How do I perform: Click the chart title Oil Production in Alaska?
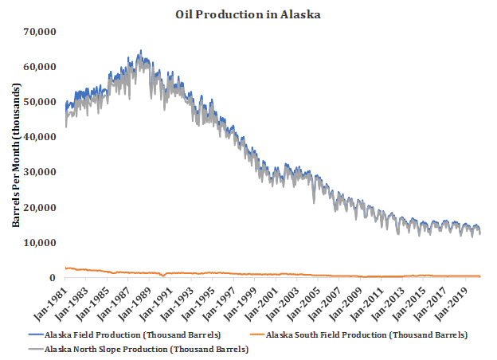coord(248,14)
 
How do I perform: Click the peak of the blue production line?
coord(140,51)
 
